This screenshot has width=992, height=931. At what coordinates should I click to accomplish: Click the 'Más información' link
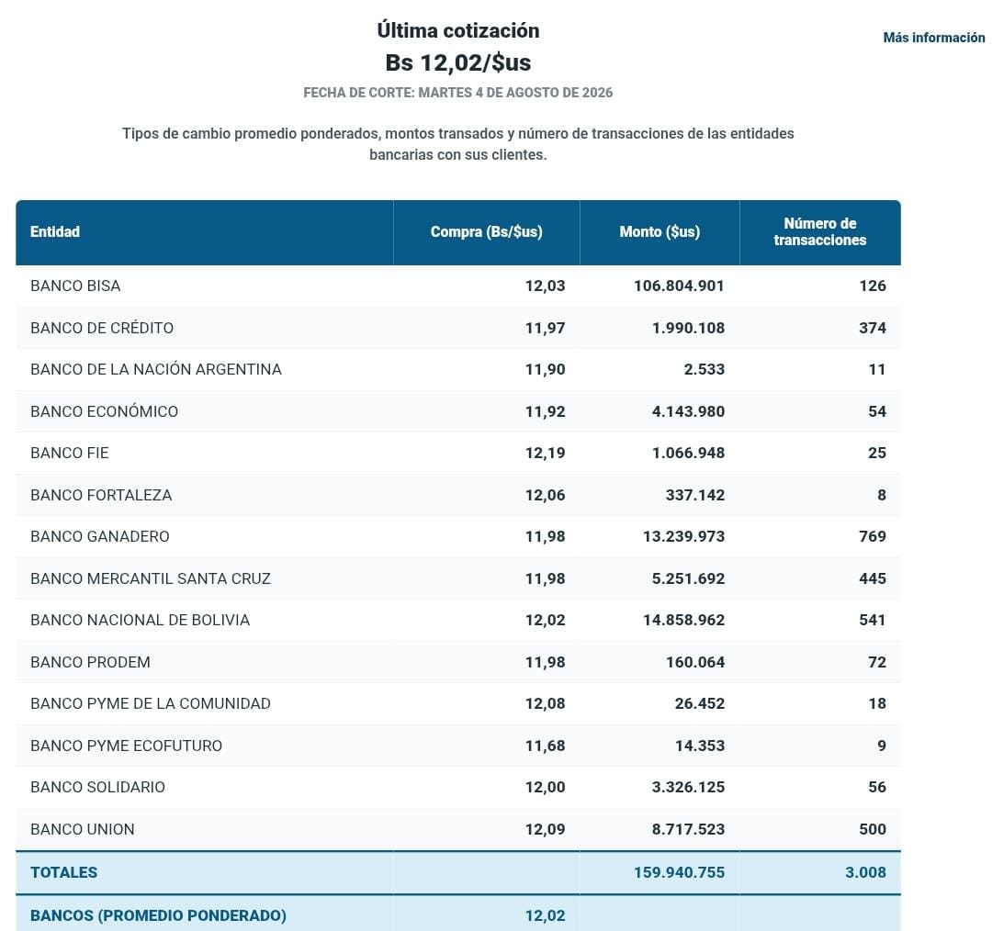[934, 38]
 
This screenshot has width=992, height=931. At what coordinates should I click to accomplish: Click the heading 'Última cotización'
[458, 30]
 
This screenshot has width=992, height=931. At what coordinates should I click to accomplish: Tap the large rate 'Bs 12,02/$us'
[458, 62]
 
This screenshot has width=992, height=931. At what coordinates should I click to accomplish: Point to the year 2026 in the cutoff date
[597, 93]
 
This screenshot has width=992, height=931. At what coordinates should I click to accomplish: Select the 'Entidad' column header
[55, 231]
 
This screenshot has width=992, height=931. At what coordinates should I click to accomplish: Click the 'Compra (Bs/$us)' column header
[487, 232]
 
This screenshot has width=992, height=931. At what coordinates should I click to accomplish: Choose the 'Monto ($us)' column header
[659, 232]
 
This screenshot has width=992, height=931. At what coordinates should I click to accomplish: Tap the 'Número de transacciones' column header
[820, 231]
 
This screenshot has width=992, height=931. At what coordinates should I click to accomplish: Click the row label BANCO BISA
[75, 286]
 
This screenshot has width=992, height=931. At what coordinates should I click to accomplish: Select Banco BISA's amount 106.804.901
[679, 286]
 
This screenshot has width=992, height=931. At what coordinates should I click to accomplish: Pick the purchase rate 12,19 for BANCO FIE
[545, 453]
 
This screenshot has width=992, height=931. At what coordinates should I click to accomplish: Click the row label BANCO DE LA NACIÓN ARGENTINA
[155, 369]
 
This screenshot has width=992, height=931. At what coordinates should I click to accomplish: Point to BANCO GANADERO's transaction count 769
[873, 536]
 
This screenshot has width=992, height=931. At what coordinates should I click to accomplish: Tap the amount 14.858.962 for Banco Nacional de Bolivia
[684, 620]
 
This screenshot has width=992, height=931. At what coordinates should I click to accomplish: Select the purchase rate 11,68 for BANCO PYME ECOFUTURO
[545, 746]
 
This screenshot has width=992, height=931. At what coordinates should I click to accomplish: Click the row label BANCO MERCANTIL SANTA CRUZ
[151, 578]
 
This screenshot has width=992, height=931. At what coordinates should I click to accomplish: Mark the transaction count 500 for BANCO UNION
[873, 829]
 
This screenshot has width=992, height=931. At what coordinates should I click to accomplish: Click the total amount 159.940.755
[679, 872]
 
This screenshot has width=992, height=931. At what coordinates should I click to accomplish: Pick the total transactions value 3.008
[865, 872]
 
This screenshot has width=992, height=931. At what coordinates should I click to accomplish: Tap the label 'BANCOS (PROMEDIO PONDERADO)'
[158, 915]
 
